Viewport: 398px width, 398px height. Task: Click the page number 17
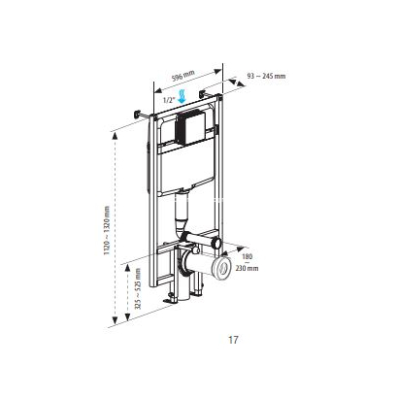[233, 341]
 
